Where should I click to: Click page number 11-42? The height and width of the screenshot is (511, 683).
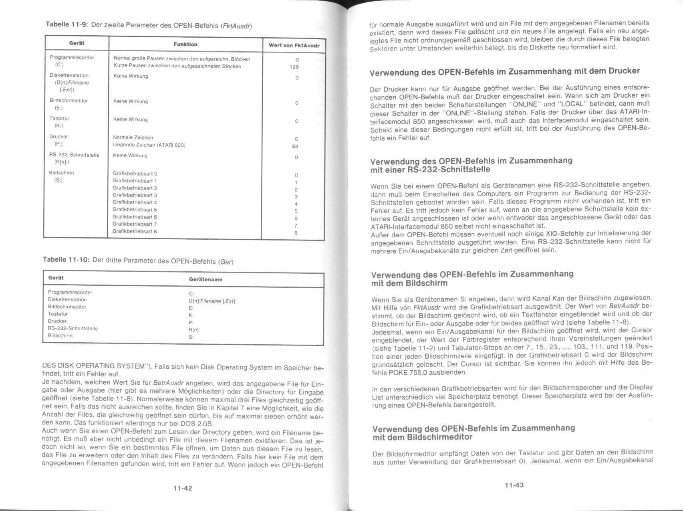[183, 488]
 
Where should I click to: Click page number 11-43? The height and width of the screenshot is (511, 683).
[514, 485]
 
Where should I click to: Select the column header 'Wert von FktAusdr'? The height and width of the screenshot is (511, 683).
[294, 45]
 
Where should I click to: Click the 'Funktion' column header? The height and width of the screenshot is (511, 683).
[185, 44]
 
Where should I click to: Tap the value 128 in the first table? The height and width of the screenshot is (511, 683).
[294, 67]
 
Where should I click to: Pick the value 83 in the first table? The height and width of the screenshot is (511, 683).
[295, 146]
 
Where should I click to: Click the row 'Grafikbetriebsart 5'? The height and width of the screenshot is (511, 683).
[135, 210]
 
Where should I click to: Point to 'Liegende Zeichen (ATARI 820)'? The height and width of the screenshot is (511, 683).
[149, 145]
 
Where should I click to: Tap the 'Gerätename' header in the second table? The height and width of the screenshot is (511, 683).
[206, 279]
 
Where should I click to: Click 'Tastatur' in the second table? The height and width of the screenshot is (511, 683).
[58, 314]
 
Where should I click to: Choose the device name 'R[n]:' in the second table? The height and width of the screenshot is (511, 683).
[194, 329]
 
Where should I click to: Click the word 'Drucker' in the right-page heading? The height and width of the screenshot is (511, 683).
[624, 71]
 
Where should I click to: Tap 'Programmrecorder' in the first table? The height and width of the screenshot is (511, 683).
[72, 57]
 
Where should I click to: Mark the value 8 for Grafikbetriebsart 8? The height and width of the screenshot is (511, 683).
[296, 233]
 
